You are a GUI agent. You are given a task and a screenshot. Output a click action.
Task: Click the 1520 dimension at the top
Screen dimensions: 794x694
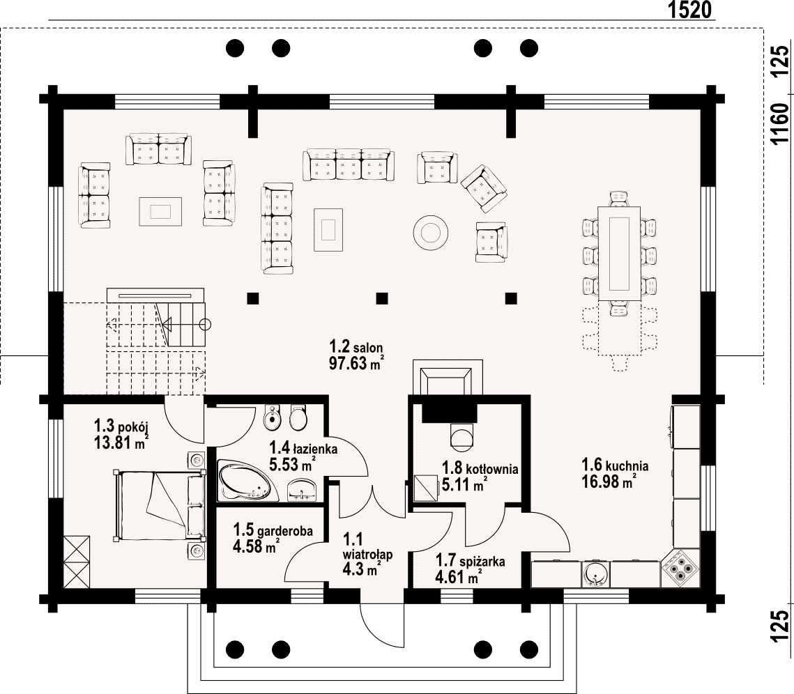click(689, 10)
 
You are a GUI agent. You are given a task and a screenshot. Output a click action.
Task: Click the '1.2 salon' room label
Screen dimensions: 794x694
click(356, 347)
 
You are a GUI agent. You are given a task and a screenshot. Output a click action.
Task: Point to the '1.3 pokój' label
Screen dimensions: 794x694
click(121, 425)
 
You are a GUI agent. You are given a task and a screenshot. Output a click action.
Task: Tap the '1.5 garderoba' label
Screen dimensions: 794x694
click(273, 530)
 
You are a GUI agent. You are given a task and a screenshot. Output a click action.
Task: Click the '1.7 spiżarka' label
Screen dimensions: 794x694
click(471, 561)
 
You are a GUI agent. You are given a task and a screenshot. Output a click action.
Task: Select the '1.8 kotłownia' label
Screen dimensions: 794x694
click(480, 468)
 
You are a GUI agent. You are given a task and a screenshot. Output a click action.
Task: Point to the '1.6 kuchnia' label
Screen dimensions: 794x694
click(615, 465)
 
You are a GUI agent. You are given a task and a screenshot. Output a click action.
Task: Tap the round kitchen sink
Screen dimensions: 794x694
click(595, 575)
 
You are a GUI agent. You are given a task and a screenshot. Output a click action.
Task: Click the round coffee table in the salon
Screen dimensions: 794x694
click(430, 233)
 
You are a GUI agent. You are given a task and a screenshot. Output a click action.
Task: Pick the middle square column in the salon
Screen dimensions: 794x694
click(382, 298)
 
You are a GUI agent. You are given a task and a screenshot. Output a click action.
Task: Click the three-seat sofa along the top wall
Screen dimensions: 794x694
click(349, 165)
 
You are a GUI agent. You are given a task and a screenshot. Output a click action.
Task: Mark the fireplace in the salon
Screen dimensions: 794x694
click(448, 377)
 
